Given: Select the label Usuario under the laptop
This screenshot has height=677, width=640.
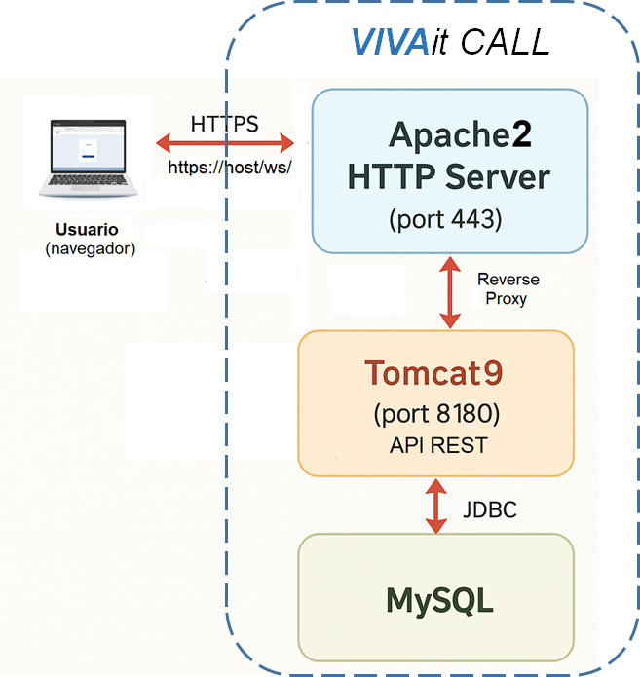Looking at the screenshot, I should coord(88,230).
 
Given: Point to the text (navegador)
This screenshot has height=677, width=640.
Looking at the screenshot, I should coord(90,249).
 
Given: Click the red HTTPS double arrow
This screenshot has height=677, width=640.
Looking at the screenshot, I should coord(225,144).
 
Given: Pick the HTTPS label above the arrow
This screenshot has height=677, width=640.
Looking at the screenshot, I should coord(225,124).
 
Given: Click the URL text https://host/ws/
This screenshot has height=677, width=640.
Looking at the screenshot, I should coord(230,167).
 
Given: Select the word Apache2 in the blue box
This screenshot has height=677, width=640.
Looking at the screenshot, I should coord(461,134).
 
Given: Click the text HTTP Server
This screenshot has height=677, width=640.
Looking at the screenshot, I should coord(449,176).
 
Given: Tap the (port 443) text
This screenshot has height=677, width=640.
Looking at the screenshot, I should coord(445,219).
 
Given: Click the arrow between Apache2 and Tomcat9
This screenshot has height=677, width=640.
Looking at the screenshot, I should coord(450,291).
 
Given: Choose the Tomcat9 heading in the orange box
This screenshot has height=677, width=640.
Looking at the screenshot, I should coord(435,373).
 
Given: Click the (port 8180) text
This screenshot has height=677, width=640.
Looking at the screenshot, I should coord(435,414).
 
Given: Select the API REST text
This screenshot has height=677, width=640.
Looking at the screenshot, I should coord(435,445).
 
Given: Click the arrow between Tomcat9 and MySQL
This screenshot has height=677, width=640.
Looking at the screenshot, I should coord(435,506).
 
